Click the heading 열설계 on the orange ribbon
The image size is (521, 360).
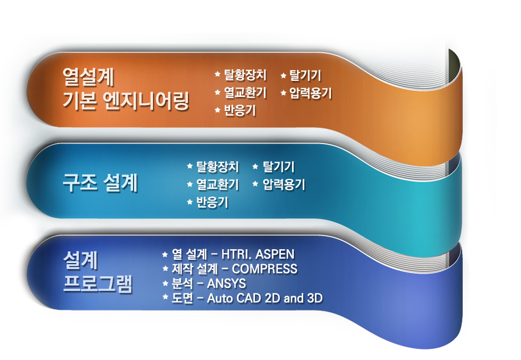click(88, 77)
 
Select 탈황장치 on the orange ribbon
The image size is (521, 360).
click(245, 75)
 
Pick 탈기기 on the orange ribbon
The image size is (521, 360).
click(305, 75)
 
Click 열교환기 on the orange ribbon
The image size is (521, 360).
click(245, 92)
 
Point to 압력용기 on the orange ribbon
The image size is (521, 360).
click(310, 92)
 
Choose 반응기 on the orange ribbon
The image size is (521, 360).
click(239, 110)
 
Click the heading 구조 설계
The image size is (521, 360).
click(100, 183)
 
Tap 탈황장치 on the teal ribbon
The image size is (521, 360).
click(217, 166)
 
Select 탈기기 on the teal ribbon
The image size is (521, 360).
click(278, 166)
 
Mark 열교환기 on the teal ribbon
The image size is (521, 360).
click(217, 184)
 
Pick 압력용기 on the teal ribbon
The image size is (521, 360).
click(284, 184)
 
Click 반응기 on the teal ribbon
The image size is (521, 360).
click(212, 202)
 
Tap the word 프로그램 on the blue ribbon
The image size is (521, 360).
click(98, 284)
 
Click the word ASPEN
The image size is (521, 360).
click(275, 254)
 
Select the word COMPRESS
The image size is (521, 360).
click(264, 269)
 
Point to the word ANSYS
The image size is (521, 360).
click(226, 284)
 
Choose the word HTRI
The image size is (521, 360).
click(236, 254)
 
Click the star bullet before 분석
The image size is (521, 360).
click(165, 283)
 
